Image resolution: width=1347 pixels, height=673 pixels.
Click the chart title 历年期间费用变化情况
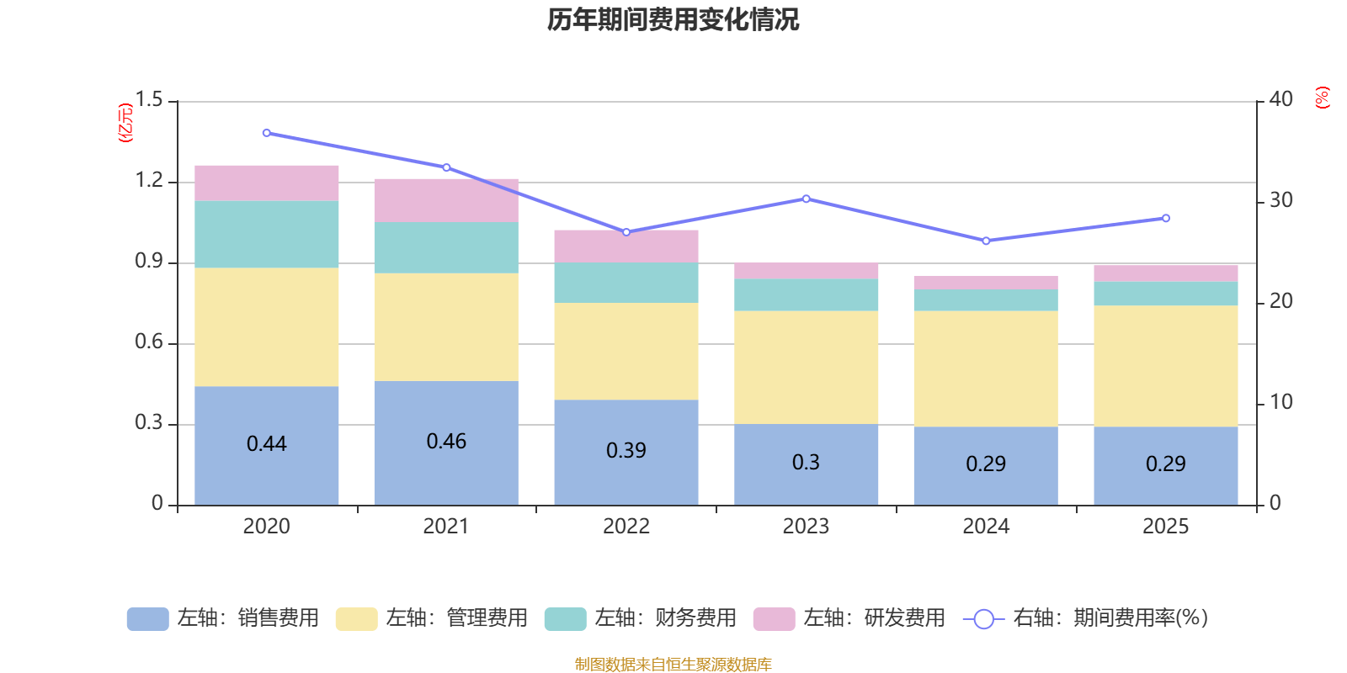(x=673, y=19)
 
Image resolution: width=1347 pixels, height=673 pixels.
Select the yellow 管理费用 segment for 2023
(x=806, y=367)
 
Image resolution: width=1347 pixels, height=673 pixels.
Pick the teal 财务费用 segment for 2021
(x=446, y=247)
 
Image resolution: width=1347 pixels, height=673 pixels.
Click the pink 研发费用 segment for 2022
(x=626, y=246)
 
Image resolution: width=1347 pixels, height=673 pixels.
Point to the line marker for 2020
(x=266, y=133)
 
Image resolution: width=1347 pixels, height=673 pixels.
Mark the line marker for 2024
(x=986, y=241)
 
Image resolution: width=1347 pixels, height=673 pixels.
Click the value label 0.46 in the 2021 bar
(x=446, y=442)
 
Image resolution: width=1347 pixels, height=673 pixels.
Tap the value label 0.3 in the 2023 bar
(x=806, y=462)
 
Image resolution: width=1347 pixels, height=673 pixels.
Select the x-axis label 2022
(x=626, y=527)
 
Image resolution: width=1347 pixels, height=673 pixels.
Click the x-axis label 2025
(x=1165, y=527)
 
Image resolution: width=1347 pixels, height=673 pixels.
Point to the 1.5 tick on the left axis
(x=149, y=100)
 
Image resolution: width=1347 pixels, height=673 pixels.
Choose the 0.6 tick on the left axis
(x=149, y=342)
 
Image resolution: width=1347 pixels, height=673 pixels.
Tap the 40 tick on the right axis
(x=1280, y=99)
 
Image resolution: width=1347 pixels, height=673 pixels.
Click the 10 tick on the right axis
(x=1280, y=402)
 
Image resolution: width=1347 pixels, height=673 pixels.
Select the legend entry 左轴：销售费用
(x=223, y=618)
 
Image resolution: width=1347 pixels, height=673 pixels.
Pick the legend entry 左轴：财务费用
(x=641, y=618)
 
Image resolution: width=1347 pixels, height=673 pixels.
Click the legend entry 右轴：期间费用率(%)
(x=1086, y=618)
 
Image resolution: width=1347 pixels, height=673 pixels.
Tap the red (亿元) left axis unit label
(x=125, y=123)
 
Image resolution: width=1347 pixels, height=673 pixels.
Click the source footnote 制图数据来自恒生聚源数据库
(x=673, y=665)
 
